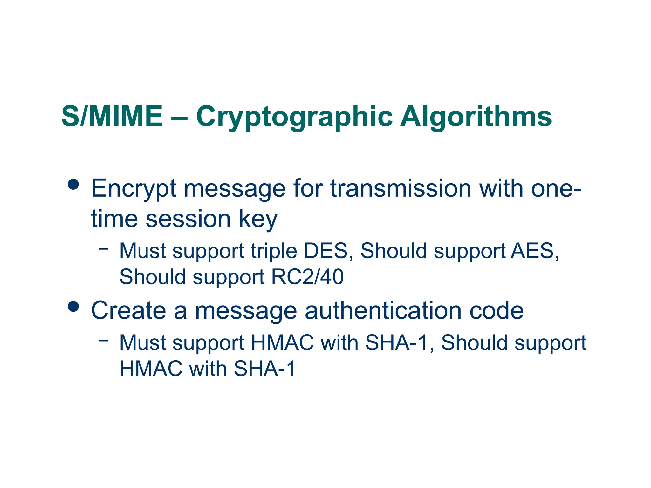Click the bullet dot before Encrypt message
tap(73, 184)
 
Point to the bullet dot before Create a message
tap(73, 306)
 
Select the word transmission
tap(401, 189)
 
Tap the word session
tap(188, 219)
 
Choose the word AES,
tap(535, 251)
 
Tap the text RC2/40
tap(307, 277)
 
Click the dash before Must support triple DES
tap(103, 249)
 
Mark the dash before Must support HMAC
tap(103, 341)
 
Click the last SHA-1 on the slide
tap(264, 369)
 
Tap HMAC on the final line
tap(151, 369)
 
